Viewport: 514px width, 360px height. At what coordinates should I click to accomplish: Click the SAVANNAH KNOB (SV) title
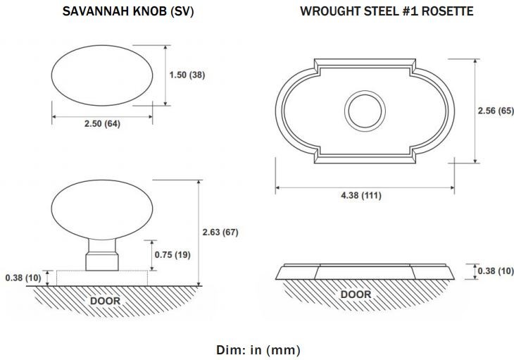click(x=128, y=11)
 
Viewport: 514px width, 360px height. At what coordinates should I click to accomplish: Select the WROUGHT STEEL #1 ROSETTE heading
click(x=387, y=11)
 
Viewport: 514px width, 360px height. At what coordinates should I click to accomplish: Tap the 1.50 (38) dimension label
click(x=187, y=75)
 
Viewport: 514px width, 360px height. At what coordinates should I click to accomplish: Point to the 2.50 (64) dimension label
click(x=102, y=124)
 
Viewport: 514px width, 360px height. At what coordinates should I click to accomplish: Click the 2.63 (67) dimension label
click(x=220, y=232)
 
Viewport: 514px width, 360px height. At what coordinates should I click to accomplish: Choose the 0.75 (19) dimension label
click(x=173, y=255)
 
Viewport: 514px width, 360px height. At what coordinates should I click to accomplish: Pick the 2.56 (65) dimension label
click(x=496, y=111)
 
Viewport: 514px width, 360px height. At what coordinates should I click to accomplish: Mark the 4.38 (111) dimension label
click(x=361, y=195)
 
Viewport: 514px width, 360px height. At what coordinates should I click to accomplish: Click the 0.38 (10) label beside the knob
click(x=23, y=278)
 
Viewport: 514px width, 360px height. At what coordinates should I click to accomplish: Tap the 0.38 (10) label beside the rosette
click(x=496, y=271)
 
